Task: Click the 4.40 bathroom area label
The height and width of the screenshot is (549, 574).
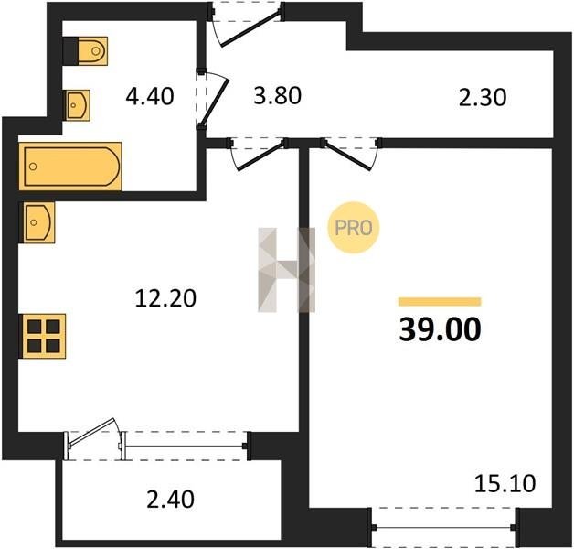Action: [x=149, y=97]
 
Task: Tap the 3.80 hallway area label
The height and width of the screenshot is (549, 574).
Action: [x=278, y=96]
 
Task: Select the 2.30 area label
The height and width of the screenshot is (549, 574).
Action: [x=483, y=98]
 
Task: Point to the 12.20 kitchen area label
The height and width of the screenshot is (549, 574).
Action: [x=165, y=297]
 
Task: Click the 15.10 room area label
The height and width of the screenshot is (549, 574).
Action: [x=505, y=483]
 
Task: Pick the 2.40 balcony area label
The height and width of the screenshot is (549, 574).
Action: [x=170, y=500]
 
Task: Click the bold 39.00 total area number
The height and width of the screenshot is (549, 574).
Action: [x=440, y=329]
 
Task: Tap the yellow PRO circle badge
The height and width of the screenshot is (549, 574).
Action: [x=353, y=228]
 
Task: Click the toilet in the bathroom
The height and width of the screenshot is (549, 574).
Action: [x=85, y=51]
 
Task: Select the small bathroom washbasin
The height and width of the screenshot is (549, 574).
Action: [x=78, y=105]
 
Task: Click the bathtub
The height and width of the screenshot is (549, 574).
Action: [x=70, y=167]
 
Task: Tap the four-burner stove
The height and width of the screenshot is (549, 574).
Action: [x=44, y=336]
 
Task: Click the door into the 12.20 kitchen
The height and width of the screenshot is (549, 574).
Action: [x=258, y=154]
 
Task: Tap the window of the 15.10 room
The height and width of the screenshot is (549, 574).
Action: [x=443, y=528]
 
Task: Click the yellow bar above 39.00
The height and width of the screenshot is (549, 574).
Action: [x=440, y=302]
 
